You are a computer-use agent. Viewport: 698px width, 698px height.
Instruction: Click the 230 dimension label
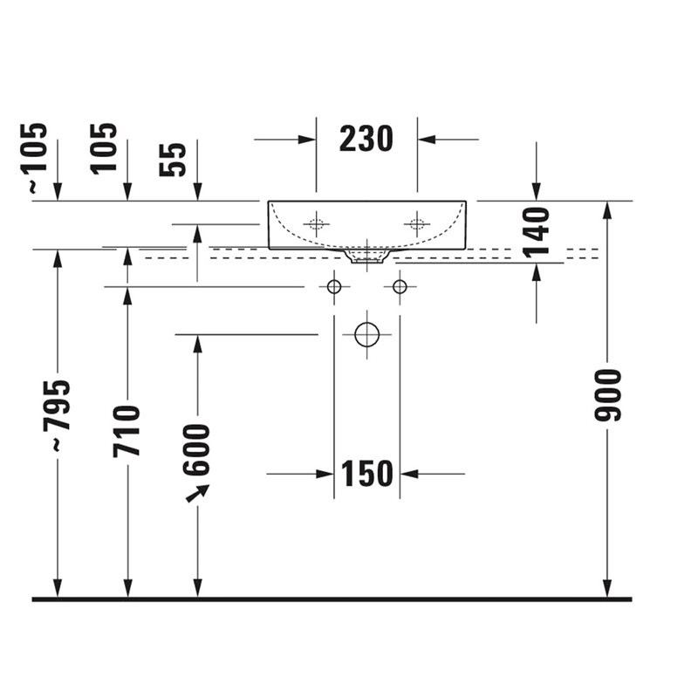tap(366, 139)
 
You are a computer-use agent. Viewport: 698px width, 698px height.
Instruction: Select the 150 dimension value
tap(366, 474)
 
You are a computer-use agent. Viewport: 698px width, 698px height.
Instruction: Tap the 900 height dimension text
tap(607, 395)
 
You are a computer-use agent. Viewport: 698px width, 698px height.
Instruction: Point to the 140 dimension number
tap(537, 233)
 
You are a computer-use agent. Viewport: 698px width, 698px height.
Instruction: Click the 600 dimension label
tap(195, 450)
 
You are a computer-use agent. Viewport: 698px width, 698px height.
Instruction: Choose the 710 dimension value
tap(127, 431)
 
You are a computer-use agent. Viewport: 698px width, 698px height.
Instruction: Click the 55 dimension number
tap(172, 160)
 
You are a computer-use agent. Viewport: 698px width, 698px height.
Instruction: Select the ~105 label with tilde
tap(33, 158)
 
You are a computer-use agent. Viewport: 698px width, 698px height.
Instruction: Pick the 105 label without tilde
tap(103, 148)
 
